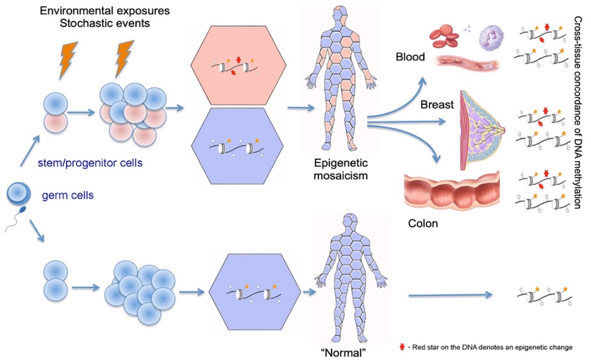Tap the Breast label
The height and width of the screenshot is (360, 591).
click(x=436, y=105)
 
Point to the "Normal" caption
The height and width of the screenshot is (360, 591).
click(x=339, y=352)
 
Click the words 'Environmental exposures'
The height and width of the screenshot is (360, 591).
click(x=93, y=9)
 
